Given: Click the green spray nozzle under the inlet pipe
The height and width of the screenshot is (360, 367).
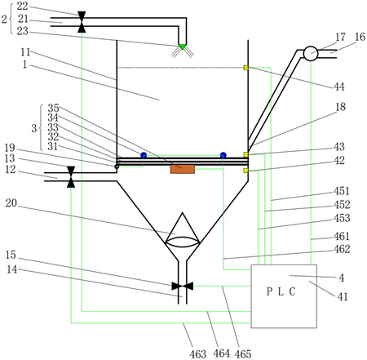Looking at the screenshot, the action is tap(183, 47).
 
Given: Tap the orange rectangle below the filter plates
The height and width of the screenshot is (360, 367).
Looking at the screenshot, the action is tap(183, 169).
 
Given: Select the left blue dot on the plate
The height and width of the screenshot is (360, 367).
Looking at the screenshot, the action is tap(144, 155).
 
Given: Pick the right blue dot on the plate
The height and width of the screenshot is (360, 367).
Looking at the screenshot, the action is tap(223, 155).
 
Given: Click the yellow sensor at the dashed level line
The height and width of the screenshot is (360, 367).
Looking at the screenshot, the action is tap(245, 68).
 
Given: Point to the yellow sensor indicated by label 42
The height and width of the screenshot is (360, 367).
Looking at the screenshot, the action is tap(245, 171).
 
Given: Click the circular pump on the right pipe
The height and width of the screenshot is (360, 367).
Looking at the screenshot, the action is tap(311, 54).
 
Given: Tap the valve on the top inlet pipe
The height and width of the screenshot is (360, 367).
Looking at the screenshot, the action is tap(82, 22).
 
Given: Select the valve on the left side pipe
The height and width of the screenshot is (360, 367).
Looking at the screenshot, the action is tap(71, 177).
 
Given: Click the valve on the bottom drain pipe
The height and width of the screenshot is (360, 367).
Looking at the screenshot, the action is tap(183, 286).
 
